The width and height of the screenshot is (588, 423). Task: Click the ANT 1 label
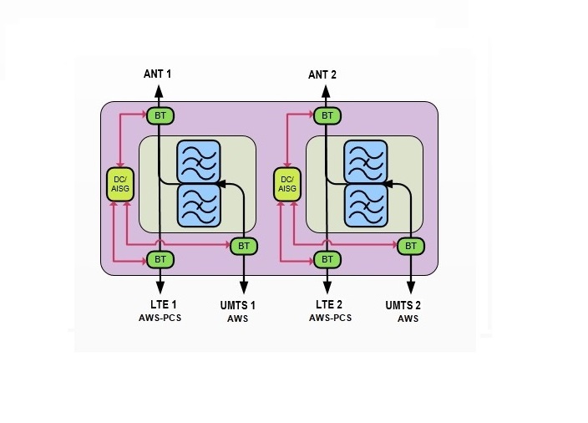click(x=157, y=74)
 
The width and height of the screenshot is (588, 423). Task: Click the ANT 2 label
click(x=322, y=74)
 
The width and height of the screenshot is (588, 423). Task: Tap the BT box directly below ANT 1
click(x=160, y=115)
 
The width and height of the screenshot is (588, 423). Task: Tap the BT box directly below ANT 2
click(x=327, y=115)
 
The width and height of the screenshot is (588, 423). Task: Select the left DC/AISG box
click(x=120, y=184)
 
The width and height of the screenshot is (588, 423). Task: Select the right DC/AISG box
click(x=286, y=184)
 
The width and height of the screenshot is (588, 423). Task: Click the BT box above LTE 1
click(x=160, y=259)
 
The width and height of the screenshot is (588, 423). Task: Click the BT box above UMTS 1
click(x=243, y=246)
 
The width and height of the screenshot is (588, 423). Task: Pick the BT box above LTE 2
click(x=327, y=259)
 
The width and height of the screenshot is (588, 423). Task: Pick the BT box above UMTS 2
click(x=409, y=246)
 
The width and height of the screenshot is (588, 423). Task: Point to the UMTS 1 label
click(x=238, y=305)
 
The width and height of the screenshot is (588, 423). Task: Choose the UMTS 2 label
click(x=403, y=305)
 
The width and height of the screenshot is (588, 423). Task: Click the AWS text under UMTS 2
click(x=408, y=319)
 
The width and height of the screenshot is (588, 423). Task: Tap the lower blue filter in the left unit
click(x=198, y=205)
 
